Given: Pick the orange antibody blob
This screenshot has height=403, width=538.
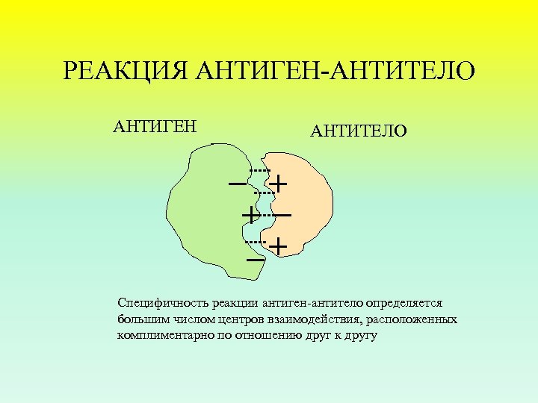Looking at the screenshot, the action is click(303, 201).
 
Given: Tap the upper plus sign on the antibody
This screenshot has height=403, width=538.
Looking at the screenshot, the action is click(279, 183).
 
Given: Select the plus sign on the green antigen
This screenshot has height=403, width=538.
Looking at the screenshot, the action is click(250, 215).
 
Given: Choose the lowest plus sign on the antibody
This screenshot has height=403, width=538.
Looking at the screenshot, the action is click(278, 246).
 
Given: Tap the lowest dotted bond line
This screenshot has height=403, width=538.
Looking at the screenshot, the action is click(256, 243).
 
